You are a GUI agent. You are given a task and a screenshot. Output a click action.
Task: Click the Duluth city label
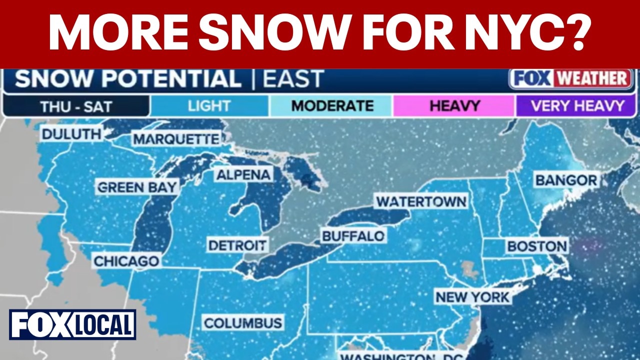(71, 134)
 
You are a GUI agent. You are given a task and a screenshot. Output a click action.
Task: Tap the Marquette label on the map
(176, 139)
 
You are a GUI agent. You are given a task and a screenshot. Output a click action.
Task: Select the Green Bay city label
(137, 187)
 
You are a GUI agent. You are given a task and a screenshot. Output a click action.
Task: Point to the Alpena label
(244, 174)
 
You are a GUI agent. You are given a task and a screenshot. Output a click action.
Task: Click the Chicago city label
(126, 261)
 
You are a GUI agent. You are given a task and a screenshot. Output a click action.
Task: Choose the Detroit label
(237, 245)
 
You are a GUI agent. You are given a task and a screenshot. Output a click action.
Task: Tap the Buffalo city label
(353, 236)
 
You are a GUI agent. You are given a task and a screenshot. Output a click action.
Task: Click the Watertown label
(421, 201)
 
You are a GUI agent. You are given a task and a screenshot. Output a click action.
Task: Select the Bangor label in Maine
(566, 180)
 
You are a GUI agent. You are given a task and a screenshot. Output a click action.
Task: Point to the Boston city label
(537, 246)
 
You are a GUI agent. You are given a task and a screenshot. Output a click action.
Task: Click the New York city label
(472, 297)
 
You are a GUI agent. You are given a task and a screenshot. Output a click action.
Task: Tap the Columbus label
(243, 322)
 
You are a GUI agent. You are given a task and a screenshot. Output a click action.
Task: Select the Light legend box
(209, 106)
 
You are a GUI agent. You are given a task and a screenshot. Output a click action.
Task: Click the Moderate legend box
(332, 106)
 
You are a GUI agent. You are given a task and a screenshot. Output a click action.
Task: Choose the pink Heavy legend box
(454, 106)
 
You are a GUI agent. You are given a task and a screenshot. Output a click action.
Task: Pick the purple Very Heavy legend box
(577, 106)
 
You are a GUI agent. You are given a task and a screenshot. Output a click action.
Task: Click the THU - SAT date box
(76, 106)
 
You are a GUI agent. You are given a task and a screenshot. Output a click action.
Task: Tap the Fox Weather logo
(570, 79)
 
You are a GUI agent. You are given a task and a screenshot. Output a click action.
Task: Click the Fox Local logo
(72, 324)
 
